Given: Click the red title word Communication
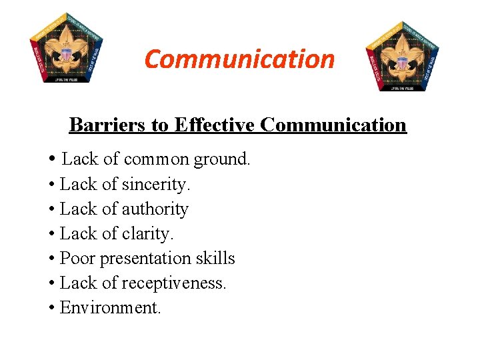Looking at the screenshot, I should pyautogui.click(x=239, y=59).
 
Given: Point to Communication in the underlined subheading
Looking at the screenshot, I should pyautogui.click(x=333, y=125).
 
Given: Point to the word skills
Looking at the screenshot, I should pyautogui.click(x=215, y=259).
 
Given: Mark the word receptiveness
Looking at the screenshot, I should pyautogui.click(x=175, y=283).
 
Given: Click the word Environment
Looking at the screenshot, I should pyautogui.click(x=111, y=308).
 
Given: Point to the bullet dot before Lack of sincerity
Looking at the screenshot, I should pyautogui.click(x=51, y=185).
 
